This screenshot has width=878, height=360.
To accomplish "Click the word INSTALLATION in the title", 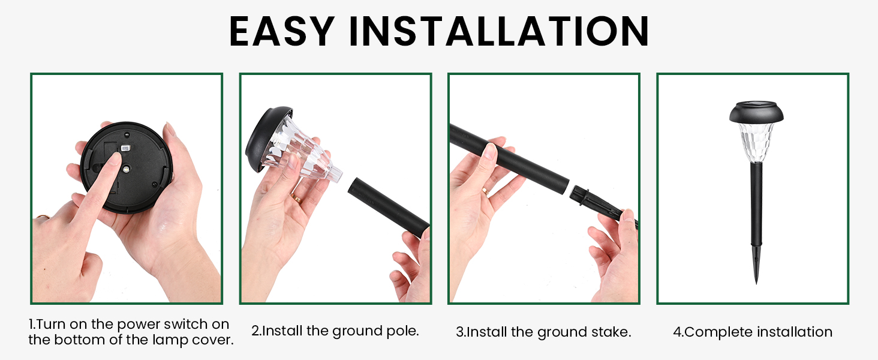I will tap(499, 31).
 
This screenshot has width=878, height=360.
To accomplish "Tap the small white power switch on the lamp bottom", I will tap(125, 148).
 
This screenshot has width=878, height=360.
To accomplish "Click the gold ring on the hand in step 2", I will tap(296, 196).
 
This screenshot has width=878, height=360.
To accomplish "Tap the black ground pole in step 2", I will tap(390, 204).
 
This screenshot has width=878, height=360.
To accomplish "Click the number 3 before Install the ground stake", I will tap(459, 332).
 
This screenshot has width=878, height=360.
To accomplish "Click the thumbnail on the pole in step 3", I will tap(489, 150).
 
